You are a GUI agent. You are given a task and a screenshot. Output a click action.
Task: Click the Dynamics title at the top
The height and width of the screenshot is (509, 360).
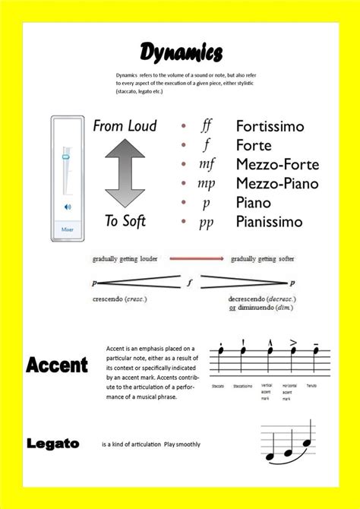(181, 52)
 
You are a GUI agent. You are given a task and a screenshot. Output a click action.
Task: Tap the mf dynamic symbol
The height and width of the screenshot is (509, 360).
(207, 164)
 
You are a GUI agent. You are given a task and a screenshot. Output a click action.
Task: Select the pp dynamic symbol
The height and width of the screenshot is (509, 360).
(206, 222)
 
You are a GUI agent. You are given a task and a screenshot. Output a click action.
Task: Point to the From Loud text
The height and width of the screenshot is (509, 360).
(125, 126)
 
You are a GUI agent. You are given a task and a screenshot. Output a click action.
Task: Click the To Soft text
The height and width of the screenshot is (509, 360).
(125, 221)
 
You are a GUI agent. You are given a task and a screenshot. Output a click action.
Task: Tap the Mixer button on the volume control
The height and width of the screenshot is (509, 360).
(66, 227)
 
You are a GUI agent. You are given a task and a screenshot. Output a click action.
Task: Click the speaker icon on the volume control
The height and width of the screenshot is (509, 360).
(67, 206)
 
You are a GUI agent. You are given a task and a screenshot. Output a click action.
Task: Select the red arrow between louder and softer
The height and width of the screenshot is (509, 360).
(196, 259)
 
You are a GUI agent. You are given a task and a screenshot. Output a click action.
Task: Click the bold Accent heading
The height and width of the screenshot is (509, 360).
(57, 365)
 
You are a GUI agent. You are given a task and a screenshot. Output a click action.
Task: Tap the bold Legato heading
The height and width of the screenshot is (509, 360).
(53, 443)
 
